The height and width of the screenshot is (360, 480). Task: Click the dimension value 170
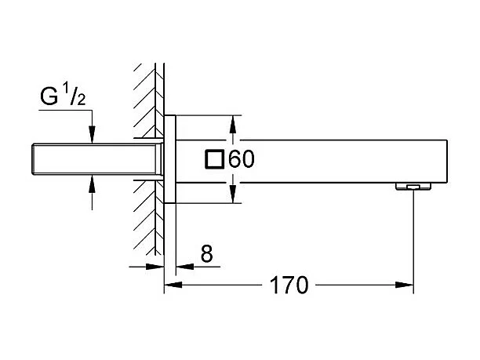point(289,286)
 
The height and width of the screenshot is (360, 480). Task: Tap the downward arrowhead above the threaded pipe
point(93,136)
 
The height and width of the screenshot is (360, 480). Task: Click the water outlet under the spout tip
point(413,187)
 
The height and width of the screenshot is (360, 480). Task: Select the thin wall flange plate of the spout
point(169,160)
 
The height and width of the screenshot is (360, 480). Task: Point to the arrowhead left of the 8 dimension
point(158,267)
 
